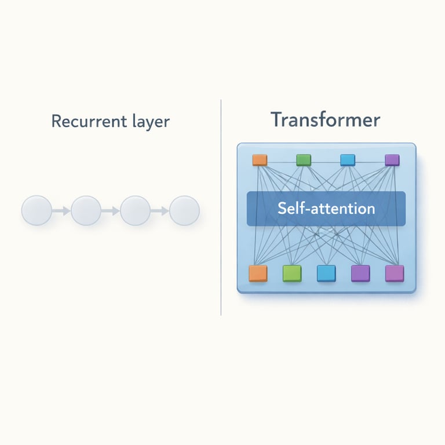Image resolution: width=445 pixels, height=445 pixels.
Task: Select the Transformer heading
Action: pos(326,120)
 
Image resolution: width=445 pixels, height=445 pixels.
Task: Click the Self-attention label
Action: pos(326,209)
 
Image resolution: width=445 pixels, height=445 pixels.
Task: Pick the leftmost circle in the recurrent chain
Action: pos(37,211)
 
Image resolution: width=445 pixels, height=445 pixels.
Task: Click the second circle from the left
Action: pos(86,211)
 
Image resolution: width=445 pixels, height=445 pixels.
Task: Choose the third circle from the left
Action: pos(135,211)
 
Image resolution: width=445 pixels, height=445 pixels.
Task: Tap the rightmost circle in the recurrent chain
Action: pos(184,211)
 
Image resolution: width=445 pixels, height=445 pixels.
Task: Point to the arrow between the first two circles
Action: pos(61,211)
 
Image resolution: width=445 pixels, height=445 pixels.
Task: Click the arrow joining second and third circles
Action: pos(110,211)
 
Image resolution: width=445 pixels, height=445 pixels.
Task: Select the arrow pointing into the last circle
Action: pos(160,211)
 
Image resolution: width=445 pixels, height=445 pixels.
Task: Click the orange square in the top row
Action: pos(259,160)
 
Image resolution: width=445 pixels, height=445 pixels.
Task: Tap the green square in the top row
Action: pos(304,160)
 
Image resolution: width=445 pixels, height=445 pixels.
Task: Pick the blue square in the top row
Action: pos(348,160)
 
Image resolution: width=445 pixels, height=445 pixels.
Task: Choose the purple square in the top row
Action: pos(392,160)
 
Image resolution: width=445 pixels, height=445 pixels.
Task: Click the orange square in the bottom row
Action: pos(258,273)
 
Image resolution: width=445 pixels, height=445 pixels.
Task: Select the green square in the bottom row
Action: pos(292,273)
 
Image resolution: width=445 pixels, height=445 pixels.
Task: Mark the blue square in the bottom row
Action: pos(326,273)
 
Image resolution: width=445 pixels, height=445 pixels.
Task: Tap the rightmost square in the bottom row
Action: pos(395,273)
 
